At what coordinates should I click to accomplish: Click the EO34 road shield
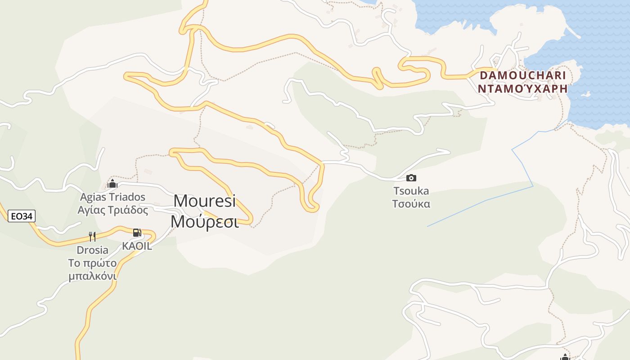[x=22, y=216]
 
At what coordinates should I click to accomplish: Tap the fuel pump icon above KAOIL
[x=137, y=233]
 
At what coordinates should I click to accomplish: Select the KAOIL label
[x=137, y=246]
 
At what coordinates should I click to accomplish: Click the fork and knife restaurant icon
[x=92, y=237]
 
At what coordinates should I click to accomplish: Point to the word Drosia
[x=92, y=250]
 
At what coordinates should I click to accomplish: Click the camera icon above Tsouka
[x=411, y=178]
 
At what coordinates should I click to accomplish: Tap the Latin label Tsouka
[x=411, y=191]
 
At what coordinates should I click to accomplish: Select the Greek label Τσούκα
[x=411, y=204]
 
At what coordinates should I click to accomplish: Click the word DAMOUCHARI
[x=522, y=75]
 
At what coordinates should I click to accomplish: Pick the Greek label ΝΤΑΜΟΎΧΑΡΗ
[x=522, y=89]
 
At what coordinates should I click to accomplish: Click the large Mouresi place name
[x=205, y=201]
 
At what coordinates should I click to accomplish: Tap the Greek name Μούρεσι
[x=205, y=221]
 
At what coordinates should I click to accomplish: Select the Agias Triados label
[x=112, y=197]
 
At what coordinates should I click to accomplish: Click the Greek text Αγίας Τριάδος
[x=112, y=210]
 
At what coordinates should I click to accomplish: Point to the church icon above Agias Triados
[x=112, y=184]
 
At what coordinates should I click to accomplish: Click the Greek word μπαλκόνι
[x=92, y=276]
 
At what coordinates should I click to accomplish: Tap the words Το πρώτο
[x=92, y=263]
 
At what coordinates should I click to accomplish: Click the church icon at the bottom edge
[x=565, y=357]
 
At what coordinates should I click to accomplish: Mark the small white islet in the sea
[x=585, y=94]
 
